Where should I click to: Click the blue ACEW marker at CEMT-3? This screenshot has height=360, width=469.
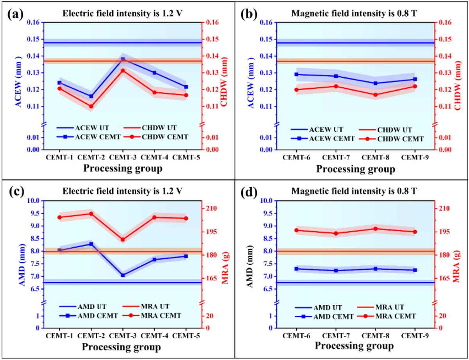pos(123,59)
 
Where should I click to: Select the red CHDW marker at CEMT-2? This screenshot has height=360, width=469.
pos(91,106)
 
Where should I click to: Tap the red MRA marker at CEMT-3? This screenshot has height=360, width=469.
pos(123,240)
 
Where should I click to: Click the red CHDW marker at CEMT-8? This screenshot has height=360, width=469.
pos(376,95)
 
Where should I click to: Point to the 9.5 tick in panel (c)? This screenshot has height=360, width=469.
pos(34,213)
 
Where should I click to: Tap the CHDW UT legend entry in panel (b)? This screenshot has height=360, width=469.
pos(395,130)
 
